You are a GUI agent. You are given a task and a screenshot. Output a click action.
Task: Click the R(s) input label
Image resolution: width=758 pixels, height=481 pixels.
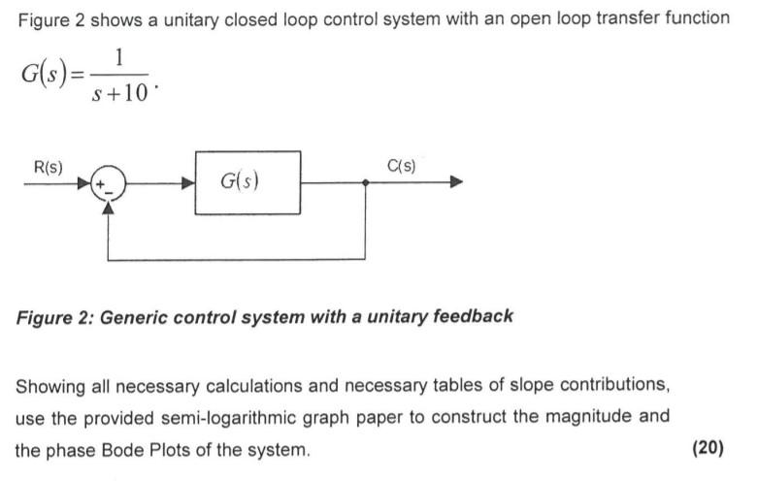[48, 167]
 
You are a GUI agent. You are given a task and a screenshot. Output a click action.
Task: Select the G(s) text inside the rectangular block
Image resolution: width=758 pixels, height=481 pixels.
[240, 181]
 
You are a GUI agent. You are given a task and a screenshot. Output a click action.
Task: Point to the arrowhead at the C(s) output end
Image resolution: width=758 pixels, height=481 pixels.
[456, 182]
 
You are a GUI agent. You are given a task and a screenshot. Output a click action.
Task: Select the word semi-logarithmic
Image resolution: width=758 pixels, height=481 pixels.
[245, 418]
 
